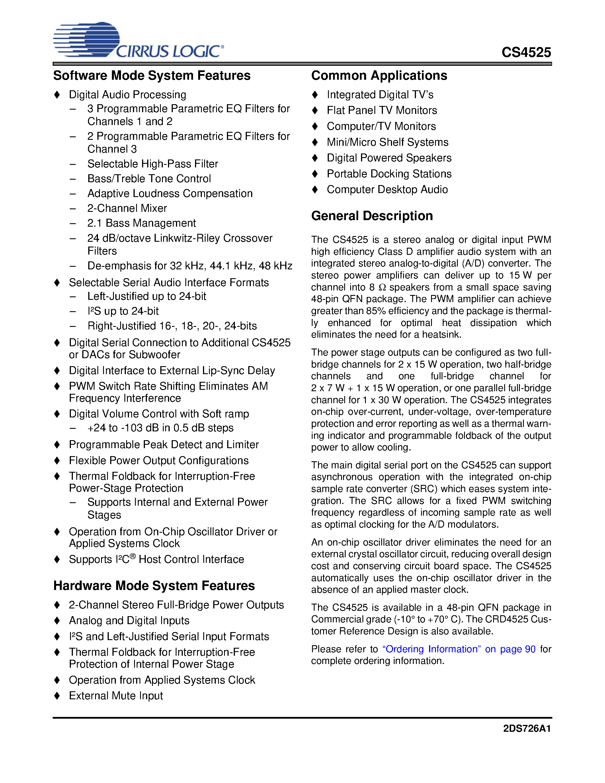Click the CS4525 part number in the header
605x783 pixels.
pyautogui.click(x=526, y=52)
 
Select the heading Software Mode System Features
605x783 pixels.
pyautogui.click(x=152, y=76)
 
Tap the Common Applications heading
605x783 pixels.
pyautogui.click(x=379, y=76)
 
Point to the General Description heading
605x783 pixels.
pyautogui.click(x=372, y=216)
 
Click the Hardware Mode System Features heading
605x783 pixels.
pyautogui.click(x=154, y=585)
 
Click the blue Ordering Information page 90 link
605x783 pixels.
pyautogui.click(x=458, y=649)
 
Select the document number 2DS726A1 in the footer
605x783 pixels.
pyautogui.click(x=526, y=729)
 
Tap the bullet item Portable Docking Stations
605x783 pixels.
pyautogui.click(x=389, y=174)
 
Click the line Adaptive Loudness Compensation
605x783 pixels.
pyautogui.click(x=170, y=194)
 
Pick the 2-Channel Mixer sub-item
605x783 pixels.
pyautogui.click(x=127, y=208)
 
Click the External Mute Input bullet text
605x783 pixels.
pyautogui.click(x=116, y=696)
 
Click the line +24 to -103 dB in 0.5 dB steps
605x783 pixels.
pyautogui.click(x=160, y=428)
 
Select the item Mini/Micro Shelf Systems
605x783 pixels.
pyautogui.click(x=387, y=142)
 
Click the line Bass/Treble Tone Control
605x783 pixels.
pyautogui.click(x=149, y=179)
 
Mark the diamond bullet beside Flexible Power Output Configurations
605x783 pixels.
pyautogui.click(x=57, y=460)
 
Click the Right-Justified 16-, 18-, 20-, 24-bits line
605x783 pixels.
pyautogui.click(x=172, y=326)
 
